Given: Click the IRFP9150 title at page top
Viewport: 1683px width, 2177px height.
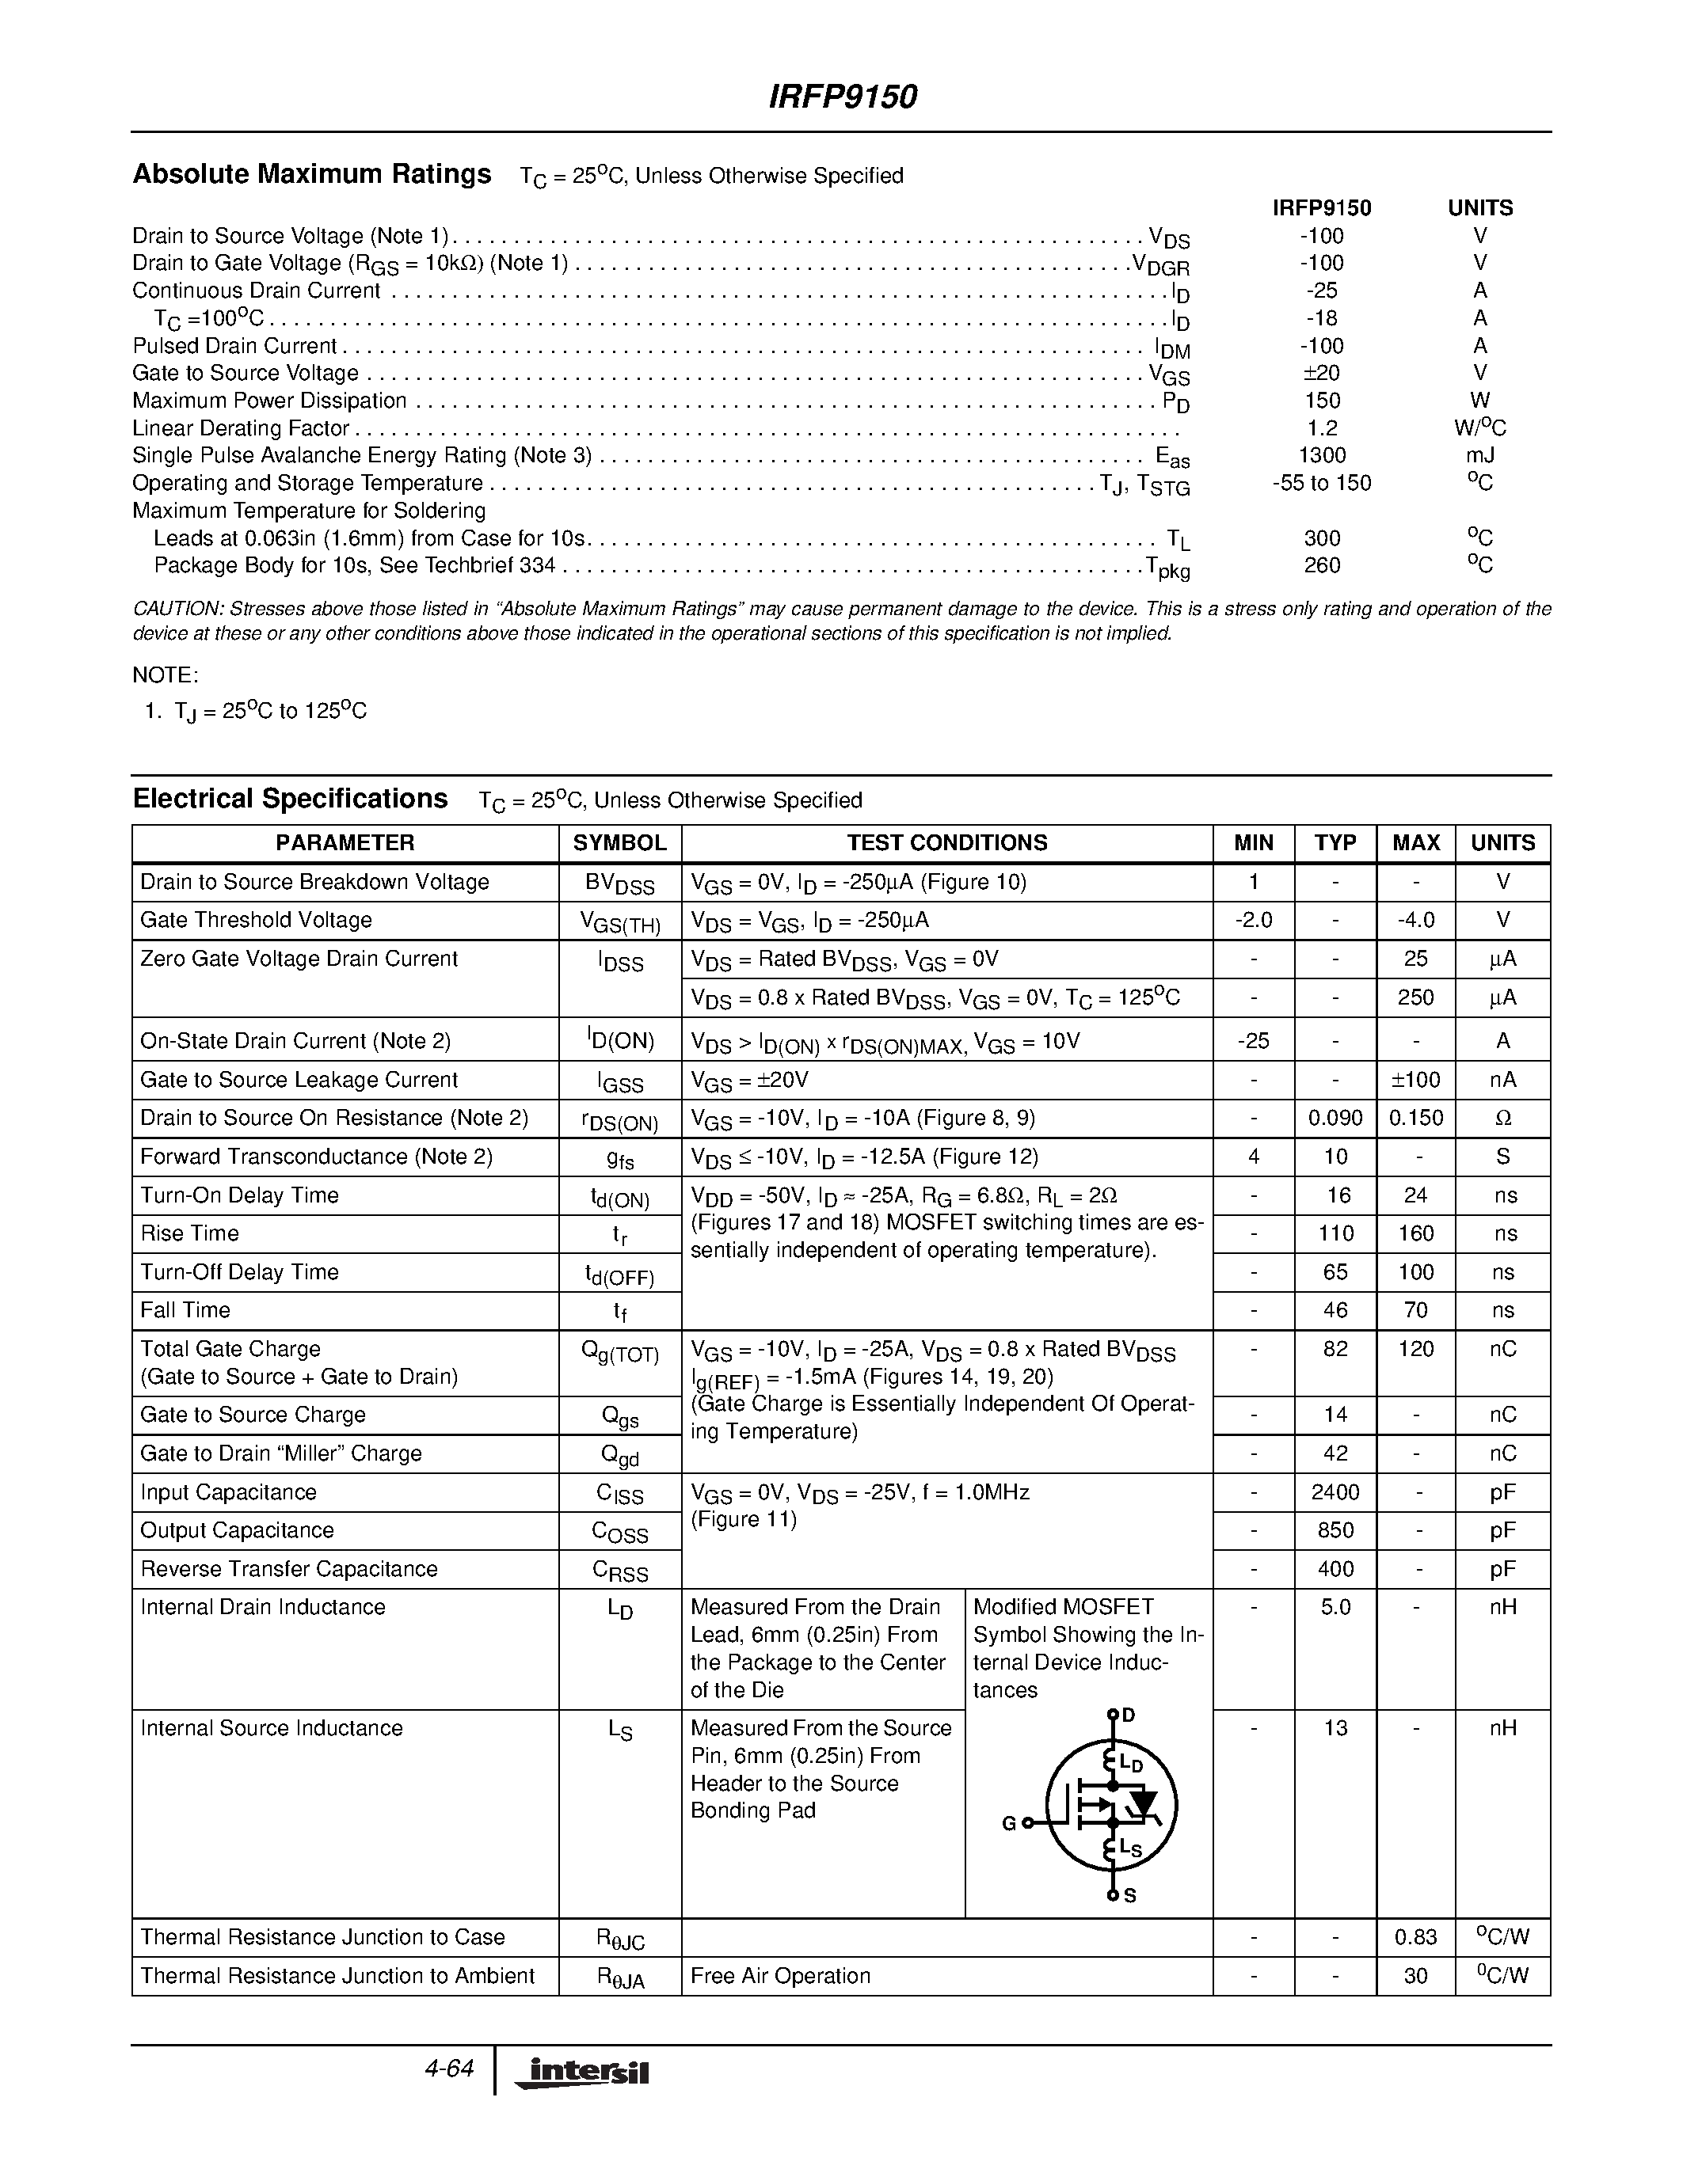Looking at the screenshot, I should tap(843, 97).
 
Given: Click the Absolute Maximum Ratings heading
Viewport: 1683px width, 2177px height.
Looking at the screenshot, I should tap(312, 174).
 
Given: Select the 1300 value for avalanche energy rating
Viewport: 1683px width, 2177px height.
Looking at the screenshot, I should tap(1322, 455).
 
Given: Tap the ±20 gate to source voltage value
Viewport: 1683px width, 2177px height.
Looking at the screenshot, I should tap(1322, 373).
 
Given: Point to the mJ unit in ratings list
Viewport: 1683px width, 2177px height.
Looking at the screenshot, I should tap(1479, 455).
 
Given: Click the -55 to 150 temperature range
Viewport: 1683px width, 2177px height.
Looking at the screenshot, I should tap(1322, 484).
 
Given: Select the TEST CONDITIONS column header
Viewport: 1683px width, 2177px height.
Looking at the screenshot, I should tap(946, 843).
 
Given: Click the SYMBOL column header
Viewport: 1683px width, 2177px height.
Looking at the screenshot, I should tap(619, 843).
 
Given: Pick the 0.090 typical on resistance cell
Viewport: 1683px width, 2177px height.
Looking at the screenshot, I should tap(1335, 1119).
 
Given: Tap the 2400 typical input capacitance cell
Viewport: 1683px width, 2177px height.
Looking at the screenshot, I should tap(1335, 1492).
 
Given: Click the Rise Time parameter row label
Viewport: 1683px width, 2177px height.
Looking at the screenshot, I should tap(189, 1234).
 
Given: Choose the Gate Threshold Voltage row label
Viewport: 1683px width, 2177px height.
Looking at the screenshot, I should tap(257, 920).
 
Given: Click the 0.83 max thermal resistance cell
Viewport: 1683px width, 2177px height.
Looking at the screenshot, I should tap(1416, 1938).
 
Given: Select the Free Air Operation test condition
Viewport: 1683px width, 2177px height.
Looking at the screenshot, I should tap(779, 1976).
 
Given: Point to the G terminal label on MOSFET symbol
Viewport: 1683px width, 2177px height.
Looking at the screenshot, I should tap(1009, 1823).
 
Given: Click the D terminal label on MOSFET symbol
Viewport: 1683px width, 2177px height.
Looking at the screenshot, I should tap(1129, 1715).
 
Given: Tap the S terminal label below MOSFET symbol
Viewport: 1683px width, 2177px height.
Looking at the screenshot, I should tap(1129, 1896).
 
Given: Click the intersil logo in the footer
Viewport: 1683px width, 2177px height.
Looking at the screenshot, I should tap(583, 2073).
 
